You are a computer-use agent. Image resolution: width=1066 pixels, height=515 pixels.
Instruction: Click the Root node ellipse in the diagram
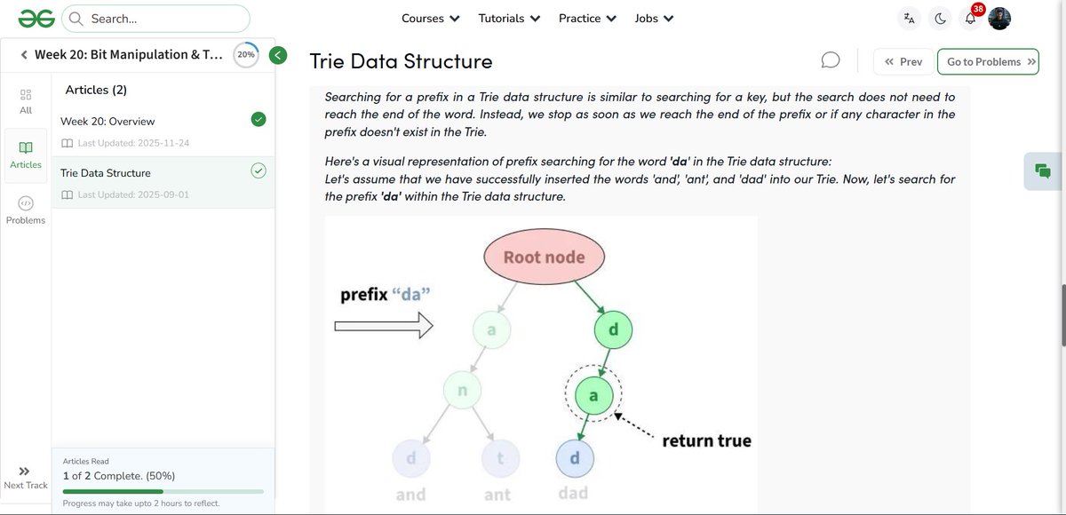pos(544,257)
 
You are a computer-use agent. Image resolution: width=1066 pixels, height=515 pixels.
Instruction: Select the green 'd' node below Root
pos(612,331)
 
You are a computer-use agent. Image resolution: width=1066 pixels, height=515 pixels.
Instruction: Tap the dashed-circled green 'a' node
pos(593,394)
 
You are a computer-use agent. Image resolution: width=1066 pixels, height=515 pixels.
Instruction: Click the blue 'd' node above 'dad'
pos(574,458)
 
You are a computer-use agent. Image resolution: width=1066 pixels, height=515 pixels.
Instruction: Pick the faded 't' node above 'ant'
pos(500,458)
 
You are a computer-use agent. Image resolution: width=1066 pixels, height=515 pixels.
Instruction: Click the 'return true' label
pos(706,440)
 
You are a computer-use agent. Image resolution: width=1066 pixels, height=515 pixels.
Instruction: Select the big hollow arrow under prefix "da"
pos(383,328)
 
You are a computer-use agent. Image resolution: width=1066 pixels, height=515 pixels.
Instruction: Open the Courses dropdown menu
pos(430,18)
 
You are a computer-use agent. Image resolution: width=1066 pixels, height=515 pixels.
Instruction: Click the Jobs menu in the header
pos(654,18)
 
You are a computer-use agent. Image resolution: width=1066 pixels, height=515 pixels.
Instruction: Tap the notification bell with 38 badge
pos(971,18)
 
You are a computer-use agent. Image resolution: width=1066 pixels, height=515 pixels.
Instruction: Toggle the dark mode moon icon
pos(940,18)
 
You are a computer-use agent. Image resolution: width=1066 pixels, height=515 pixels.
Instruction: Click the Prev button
pos(903,62)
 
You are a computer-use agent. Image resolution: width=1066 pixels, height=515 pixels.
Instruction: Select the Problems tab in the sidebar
pos(26,210)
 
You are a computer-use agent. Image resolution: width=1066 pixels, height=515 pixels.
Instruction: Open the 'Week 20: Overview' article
pos(107,121)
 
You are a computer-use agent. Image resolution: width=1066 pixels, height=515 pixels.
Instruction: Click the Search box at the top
pos(156,18)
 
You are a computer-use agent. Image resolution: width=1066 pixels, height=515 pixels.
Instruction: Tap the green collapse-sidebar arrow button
pos(278,55)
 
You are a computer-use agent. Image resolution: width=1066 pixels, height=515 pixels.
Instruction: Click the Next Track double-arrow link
pos(25,477)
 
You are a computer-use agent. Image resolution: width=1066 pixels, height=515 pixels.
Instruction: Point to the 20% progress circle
pos(245,55)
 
